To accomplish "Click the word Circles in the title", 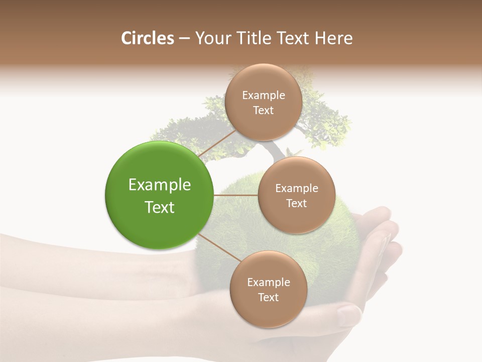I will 147,38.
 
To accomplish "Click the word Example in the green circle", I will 160,185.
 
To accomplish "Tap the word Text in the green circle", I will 160,207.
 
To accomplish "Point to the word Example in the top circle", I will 264,96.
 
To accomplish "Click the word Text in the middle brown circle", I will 296,204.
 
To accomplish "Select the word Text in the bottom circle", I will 268,298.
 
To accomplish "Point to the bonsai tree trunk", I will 274,150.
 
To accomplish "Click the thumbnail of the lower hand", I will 348,316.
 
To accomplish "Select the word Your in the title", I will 213,38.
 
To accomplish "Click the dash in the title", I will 184,39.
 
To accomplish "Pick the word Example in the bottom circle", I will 268,283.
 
